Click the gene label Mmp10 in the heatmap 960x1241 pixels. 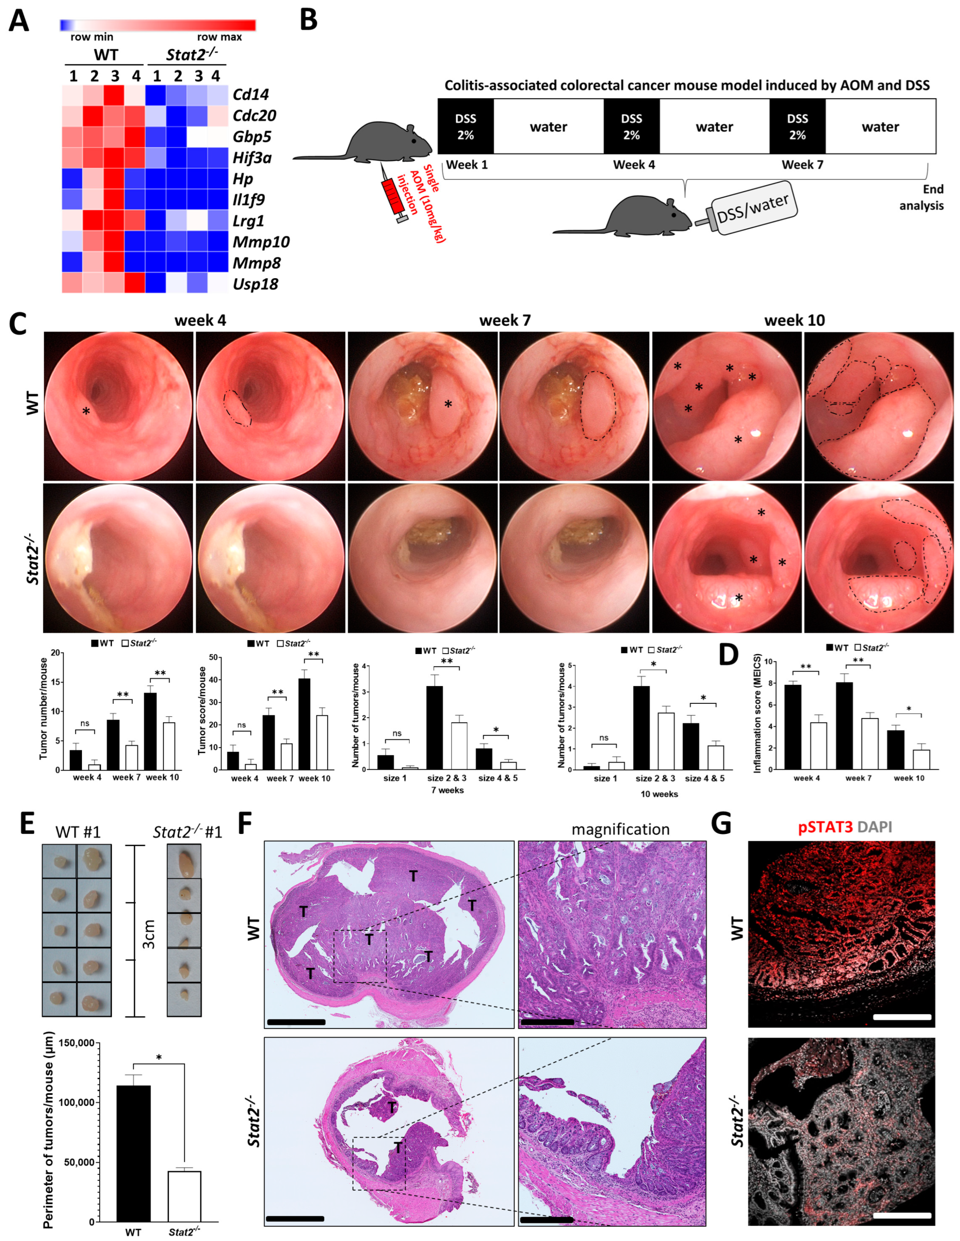[x=261, y=242]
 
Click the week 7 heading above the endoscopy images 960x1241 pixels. [x=505, y=320]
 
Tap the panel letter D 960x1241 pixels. [x=729, y=655]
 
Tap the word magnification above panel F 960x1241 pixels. [x=620, y=830]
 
